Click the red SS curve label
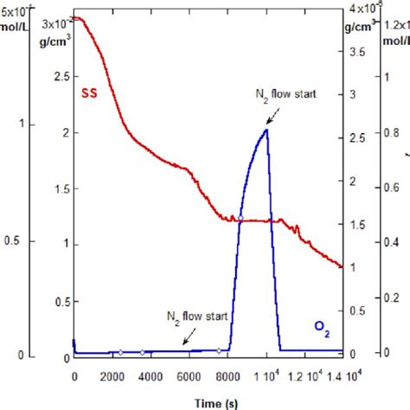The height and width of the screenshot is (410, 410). (x=89, y=93)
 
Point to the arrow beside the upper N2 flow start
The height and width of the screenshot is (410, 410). (x=272, y=116)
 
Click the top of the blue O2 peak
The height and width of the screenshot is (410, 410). (x=266, y=130)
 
